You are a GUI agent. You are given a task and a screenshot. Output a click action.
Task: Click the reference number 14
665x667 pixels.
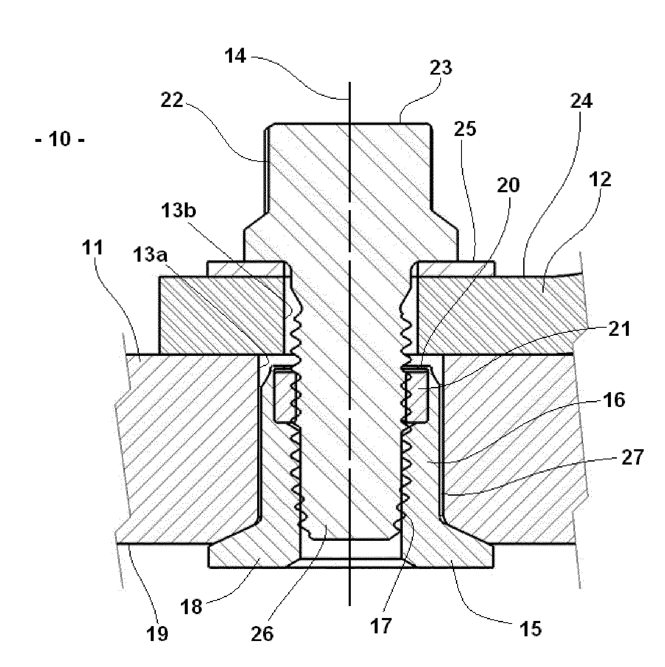[x=235, y=56]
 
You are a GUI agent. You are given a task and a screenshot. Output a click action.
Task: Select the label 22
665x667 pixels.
[x=172, y=101]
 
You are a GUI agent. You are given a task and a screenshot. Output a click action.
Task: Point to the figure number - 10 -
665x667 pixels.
[x=60, y=140]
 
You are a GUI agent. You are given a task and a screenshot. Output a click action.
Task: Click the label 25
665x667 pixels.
[x=465, y=128]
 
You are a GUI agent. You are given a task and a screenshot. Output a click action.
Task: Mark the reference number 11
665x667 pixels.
[x=93, y=247]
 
